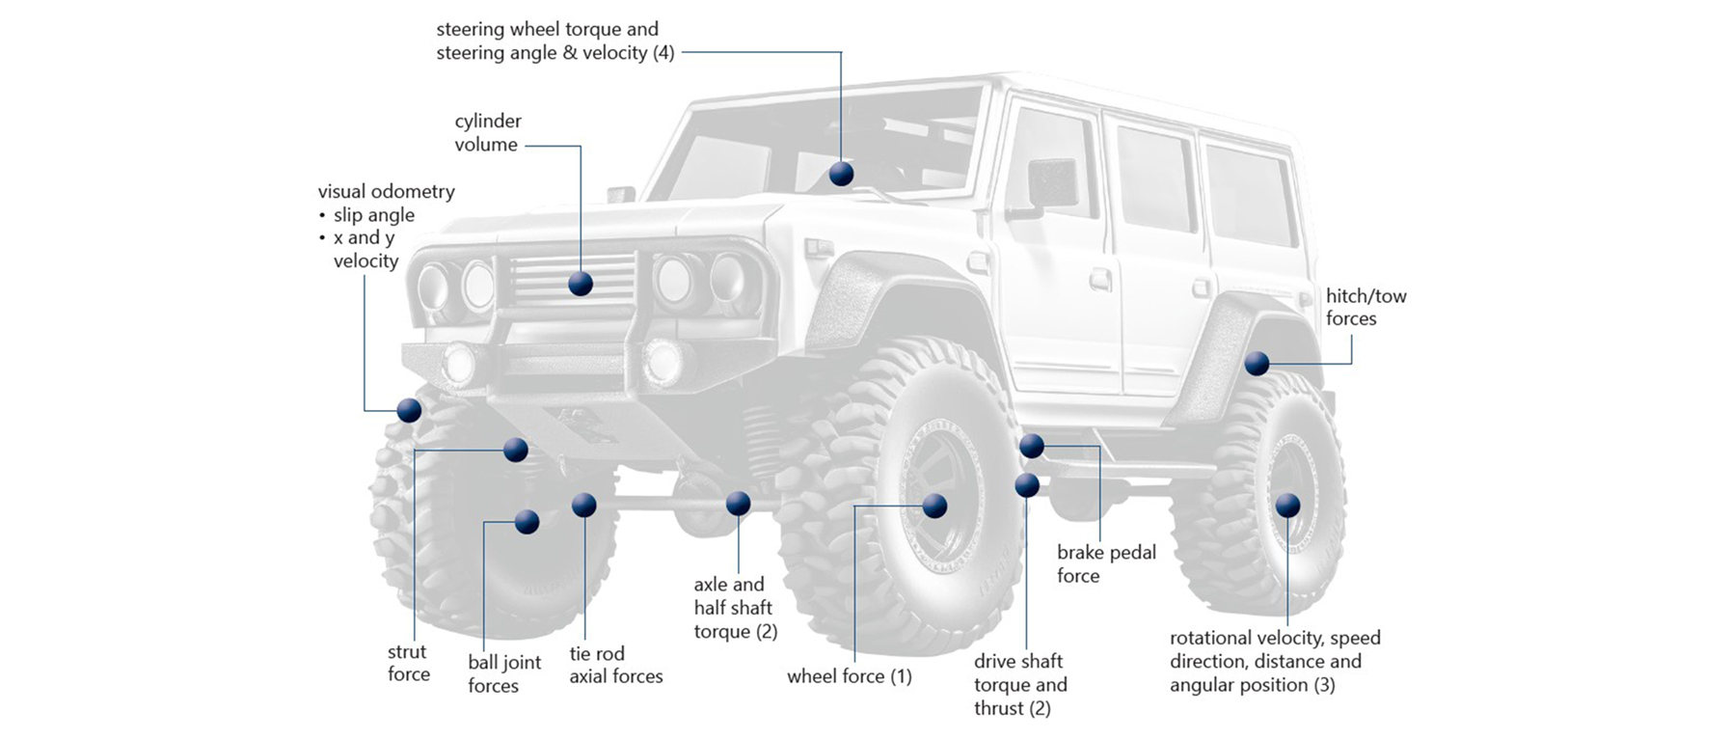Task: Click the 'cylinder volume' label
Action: pos(488,133)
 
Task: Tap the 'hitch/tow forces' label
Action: pos(1366,308)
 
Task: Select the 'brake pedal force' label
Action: pos(1105,564)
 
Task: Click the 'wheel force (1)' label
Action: pos(849,676)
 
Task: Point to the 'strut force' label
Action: pos(408,663)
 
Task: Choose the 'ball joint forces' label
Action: pos(503,673)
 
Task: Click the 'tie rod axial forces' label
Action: pos(615,665)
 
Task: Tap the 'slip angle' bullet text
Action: pos(373,215)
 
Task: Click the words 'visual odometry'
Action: pos(386,191)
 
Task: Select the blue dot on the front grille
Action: pos(581,284)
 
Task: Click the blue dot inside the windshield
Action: pos(842,174)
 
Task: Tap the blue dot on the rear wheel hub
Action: pos(1287,506)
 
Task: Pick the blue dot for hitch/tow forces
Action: pos(1257,364)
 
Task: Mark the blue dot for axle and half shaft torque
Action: pos(738,504)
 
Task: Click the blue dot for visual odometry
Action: pos(409,410)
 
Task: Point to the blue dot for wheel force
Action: pos(934,506)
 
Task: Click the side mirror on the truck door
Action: pos(1051,183)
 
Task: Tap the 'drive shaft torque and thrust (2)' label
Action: pos(1020,685)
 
